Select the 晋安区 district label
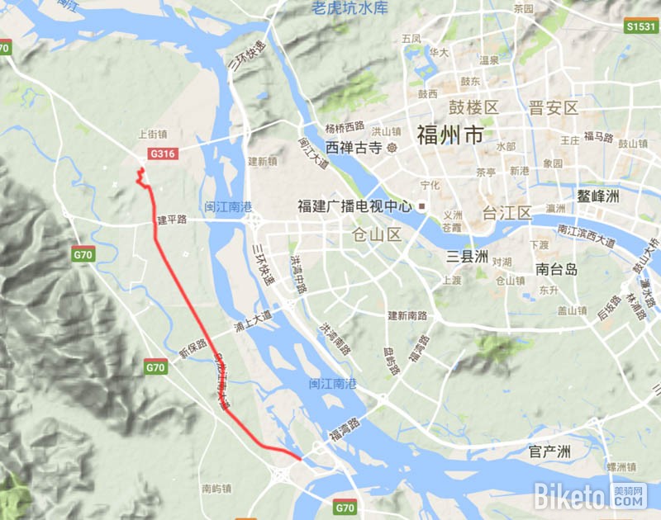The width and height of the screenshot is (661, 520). click(554, 108)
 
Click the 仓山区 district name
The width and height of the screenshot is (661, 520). click(377, 234)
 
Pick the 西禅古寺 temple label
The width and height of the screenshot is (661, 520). click(354, 149)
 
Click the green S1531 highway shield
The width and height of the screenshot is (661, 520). click(641, 26)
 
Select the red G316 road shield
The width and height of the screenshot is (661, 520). click(164, 154)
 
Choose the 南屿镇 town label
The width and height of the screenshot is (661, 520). click(216, 489)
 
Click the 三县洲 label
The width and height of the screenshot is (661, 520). click(468, 256)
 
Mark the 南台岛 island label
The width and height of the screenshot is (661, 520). click(555, 268)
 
